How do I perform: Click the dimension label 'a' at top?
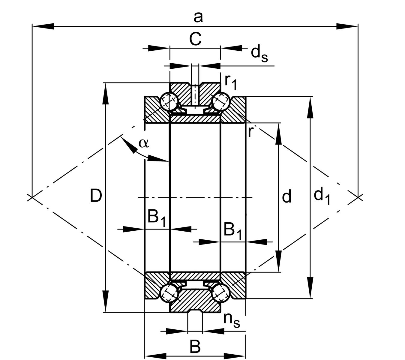coord(198,17)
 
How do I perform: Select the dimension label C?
coord(195,39)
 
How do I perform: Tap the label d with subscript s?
coord(259,53)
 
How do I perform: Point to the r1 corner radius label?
coord(231,82)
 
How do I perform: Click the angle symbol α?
coord(143,143)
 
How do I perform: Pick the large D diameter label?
coord(96,196)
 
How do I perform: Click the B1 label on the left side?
coord(156,218)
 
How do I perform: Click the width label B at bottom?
coord(195,347)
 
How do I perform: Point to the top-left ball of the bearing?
coord(169,102)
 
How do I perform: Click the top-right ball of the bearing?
coord(221,102)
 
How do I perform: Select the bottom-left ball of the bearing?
coord(169,293)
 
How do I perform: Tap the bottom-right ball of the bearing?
coord(221,293)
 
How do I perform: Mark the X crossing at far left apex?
coord(31,197)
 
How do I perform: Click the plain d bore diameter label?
coord(287,197)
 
